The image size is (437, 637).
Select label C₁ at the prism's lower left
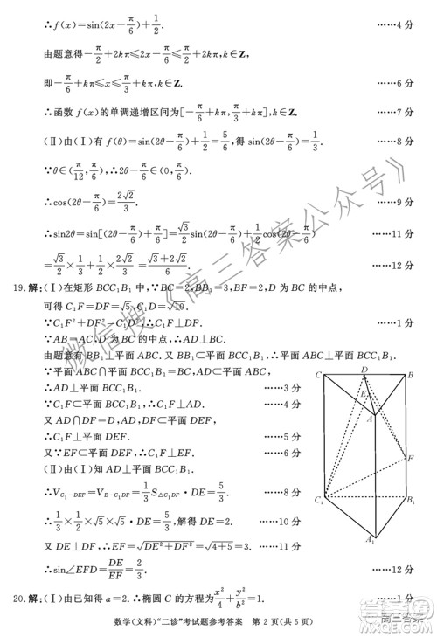[320, 500]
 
